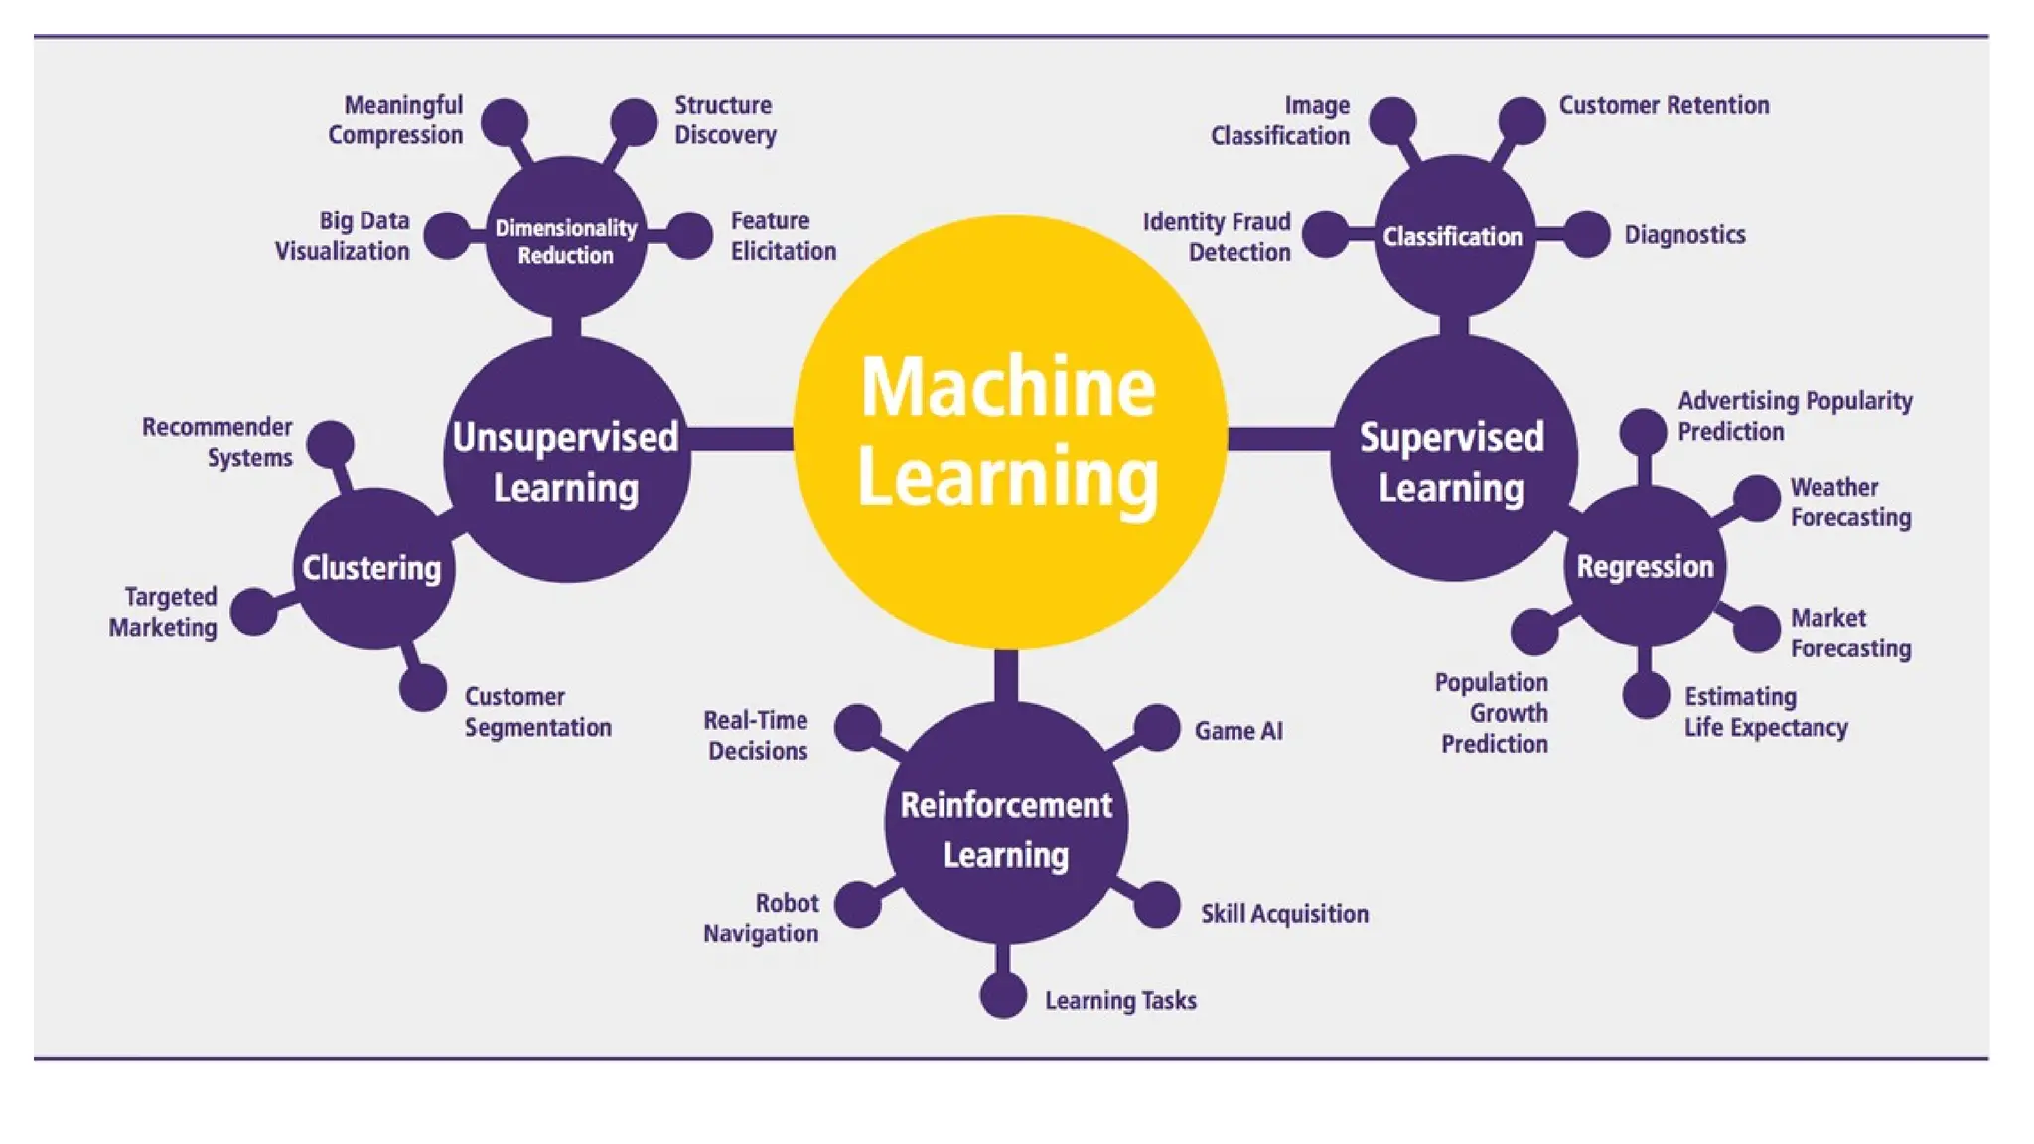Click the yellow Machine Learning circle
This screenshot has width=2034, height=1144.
[1009, 432]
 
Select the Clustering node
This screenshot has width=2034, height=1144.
[373, 568]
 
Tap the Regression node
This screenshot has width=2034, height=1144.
[1645, 566]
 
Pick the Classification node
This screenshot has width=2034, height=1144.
[1453, 236]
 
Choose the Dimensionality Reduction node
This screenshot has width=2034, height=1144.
[566, 240]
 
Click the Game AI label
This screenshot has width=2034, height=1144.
[1238, 731]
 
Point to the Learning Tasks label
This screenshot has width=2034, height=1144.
[1120, 1000]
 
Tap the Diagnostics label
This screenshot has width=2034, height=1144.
[1684, 235]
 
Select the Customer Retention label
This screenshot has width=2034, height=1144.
[1664, 105]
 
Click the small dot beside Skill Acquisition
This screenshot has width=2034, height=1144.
[1157, 905]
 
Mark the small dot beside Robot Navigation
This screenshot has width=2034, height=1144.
[858, 904]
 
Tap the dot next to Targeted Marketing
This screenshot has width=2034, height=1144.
[254, 611]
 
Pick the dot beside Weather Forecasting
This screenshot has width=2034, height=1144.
[1756, 498]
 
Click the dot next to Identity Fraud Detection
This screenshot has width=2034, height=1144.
[1326, 234]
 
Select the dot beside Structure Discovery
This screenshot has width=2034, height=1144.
[634, 122]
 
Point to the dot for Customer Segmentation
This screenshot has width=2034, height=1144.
[423, 688]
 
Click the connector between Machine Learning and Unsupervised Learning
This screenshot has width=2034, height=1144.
[742, 438]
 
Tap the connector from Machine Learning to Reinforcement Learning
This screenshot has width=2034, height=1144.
[1005, 676]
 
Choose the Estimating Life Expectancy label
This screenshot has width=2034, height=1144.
[1766, 712]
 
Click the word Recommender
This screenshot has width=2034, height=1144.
[217, 427]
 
